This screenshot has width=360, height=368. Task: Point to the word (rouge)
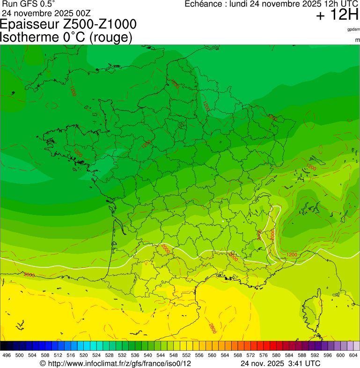pyautogui.click(x=110, y=37)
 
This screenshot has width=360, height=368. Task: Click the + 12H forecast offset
pyautogui.click(x=337, y=15)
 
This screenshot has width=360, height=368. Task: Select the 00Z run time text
pyautogui.click(x=81, y=13)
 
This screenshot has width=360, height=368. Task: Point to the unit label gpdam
pyautogui.click(x=353, y=29)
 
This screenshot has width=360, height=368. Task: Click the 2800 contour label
pyautogui.click(x=212, y=326)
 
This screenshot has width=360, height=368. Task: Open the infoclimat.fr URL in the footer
pyautogui.click(x=120, y=364)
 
